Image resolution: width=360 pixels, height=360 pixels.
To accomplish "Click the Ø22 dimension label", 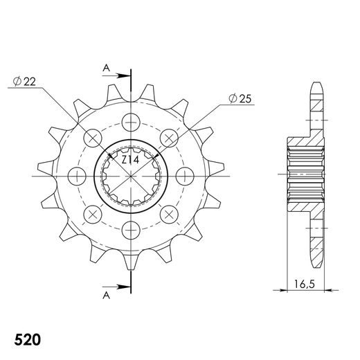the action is [x=24, y=82].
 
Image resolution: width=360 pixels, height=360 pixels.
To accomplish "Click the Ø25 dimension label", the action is [x=240, y=98].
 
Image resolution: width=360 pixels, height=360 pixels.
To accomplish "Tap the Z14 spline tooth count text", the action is [x=130, y=160].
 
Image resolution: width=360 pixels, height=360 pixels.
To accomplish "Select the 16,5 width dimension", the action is [x=305, y=284].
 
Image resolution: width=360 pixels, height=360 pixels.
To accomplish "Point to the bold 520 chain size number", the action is [x=28, y=339].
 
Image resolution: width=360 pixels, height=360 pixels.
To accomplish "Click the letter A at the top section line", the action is [x=106, y=68].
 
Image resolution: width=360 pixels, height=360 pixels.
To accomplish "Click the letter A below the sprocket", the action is [x=106, y=295].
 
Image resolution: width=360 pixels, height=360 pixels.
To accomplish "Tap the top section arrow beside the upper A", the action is [x=115, y=75].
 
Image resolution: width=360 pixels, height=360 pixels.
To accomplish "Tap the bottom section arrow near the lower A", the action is [x=115, y=287].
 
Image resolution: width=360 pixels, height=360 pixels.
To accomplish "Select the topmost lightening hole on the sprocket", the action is [x=131, y=122].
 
